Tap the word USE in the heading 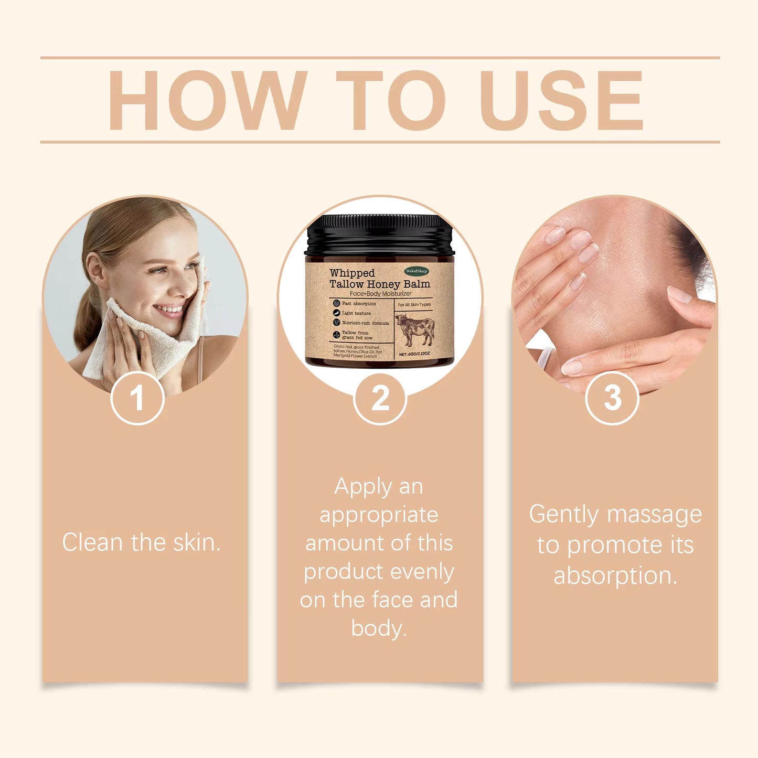pos(561,101)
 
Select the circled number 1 pos(137,398)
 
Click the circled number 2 pos(380,398)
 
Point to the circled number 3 pos(612,398)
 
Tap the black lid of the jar pos(379,233)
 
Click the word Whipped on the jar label pos(352,273)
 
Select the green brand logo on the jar pos(417,271)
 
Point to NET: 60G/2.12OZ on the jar pos(414,354)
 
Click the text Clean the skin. pos(141,542)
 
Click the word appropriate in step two pos(379,515)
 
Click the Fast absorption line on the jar pos(359,304)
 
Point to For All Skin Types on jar pos(414,304)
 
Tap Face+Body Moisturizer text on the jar pos(380,294)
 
